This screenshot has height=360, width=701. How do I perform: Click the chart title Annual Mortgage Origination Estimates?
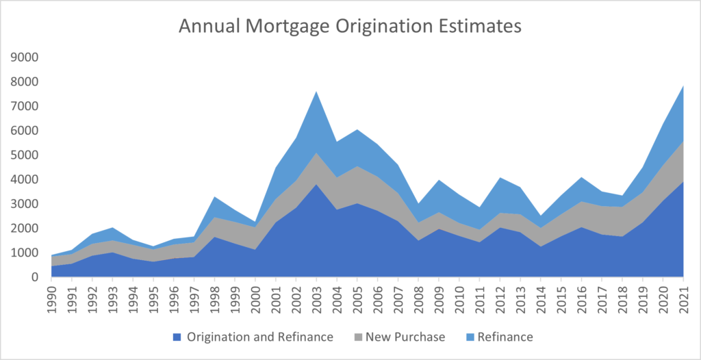(350, 26)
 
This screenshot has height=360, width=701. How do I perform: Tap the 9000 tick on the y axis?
(25, 57)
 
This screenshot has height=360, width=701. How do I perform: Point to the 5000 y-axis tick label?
(25, 155)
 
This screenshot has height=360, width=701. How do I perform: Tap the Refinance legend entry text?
(505, 337)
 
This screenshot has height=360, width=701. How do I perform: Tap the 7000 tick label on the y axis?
(25, 106)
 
